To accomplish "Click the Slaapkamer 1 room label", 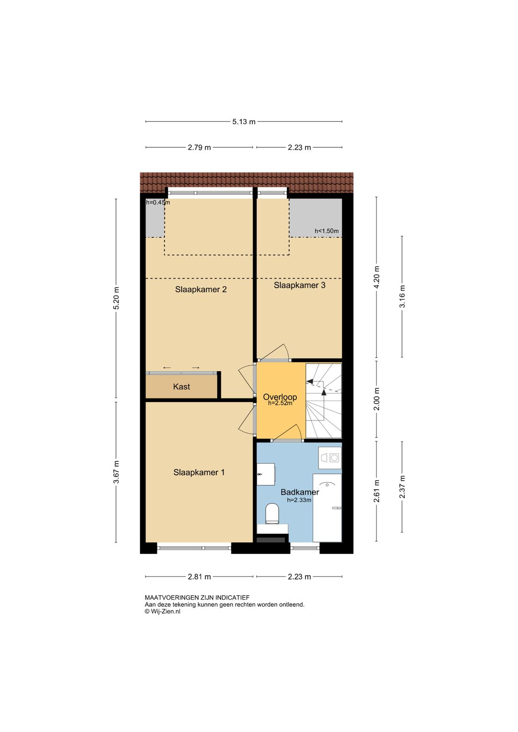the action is coord(199,472).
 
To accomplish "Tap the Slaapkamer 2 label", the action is coord(200,289).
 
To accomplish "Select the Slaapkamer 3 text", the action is coord(299,285).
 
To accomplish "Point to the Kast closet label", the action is coord(181,387).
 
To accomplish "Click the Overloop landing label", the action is coord(280,397).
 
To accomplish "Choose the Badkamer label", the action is coord(300,492).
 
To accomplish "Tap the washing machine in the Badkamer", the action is coord(330,458).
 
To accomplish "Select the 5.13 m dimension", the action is coord(244,122).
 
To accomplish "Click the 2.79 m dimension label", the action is coord(199,147).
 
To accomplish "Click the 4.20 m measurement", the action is coord(377,277).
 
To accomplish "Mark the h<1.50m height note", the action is coord(327,231).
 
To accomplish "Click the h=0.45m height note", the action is coord(158,202).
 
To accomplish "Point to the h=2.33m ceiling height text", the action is coord(299,500).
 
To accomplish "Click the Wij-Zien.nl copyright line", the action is coord(163,612).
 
